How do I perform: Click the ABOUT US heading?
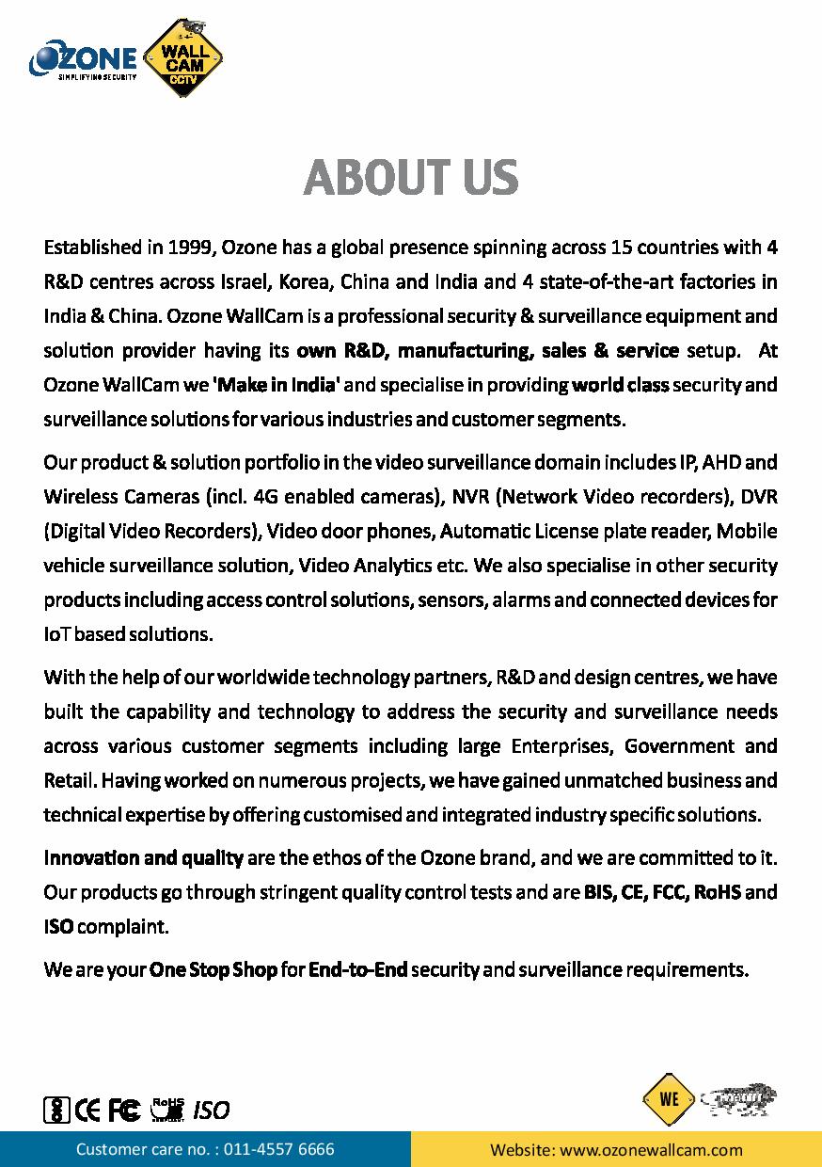[x=411, y=177]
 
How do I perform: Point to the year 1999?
[x=192, y=248]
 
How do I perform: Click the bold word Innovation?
[x=90, y=857]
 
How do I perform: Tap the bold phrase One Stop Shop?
[x=213, y=969]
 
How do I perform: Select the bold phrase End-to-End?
[x=357, y=969]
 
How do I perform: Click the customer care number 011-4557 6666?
[x=279, y=1149]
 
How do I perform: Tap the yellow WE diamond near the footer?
[x=669, y=1099]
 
